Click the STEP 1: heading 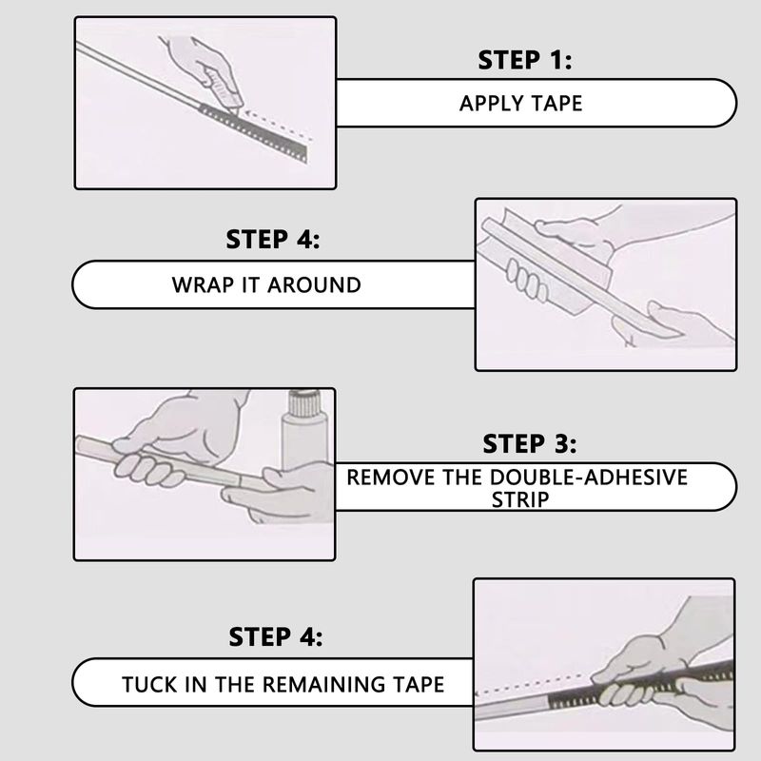(525, 60)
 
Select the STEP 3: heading (530, 443)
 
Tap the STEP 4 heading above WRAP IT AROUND (273, 240)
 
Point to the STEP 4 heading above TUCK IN (275, 636)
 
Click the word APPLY (491, 104)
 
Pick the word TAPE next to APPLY (556, 104)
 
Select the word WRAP (204, 284)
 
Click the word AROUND (314, 284)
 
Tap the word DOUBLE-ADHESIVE (588, 478)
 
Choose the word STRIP (520, 500)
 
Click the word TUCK (149, 684)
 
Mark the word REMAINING (324, 684)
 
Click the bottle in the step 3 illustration (304, 432)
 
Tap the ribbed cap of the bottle (304, 403)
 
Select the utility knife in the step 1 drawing (223, 89)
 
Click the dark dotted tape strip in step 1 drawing (253, 132)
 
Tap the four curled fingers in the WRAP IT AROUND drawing (527, 280)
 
